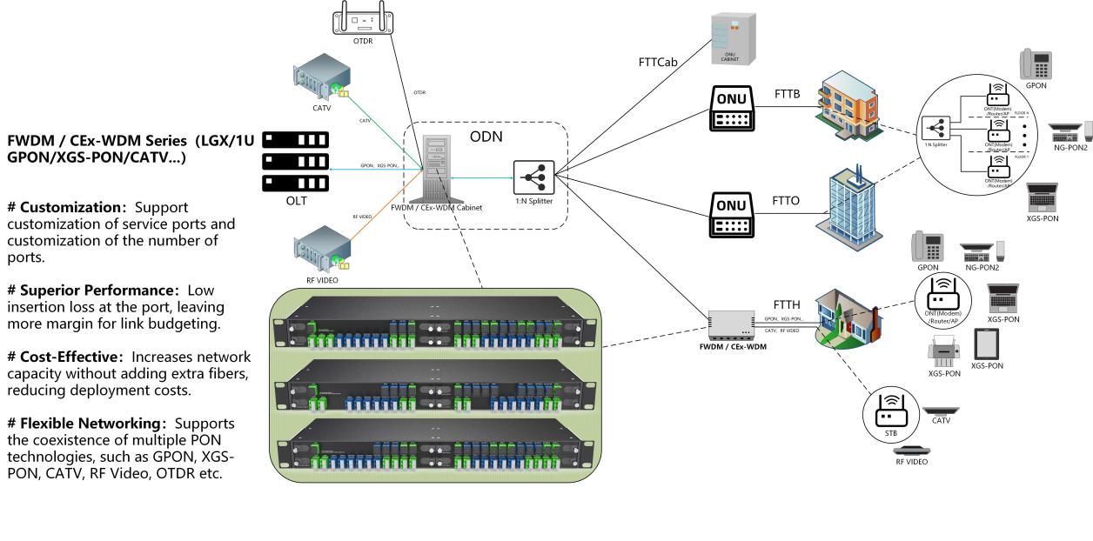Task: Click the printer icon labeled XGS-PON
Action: click(943, 351)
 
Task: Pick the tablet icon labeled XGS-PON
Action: click(987, 344)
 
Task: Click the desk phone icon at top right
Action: click(1036, 64)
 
